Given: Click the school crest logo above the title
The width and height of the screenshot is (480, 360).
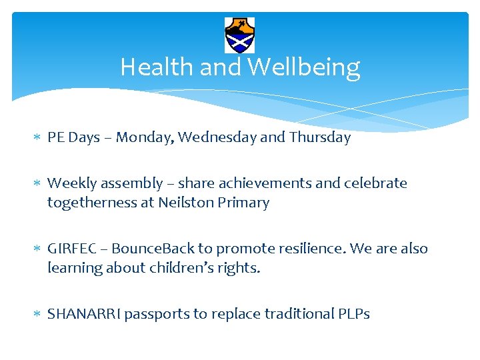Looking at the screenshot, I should point(240,35).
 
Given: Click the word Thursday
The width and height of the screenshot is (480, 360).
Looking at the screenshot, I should point(320,138).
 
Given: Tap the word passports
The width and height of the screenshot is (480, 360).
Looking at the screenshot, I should point(157,314).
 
